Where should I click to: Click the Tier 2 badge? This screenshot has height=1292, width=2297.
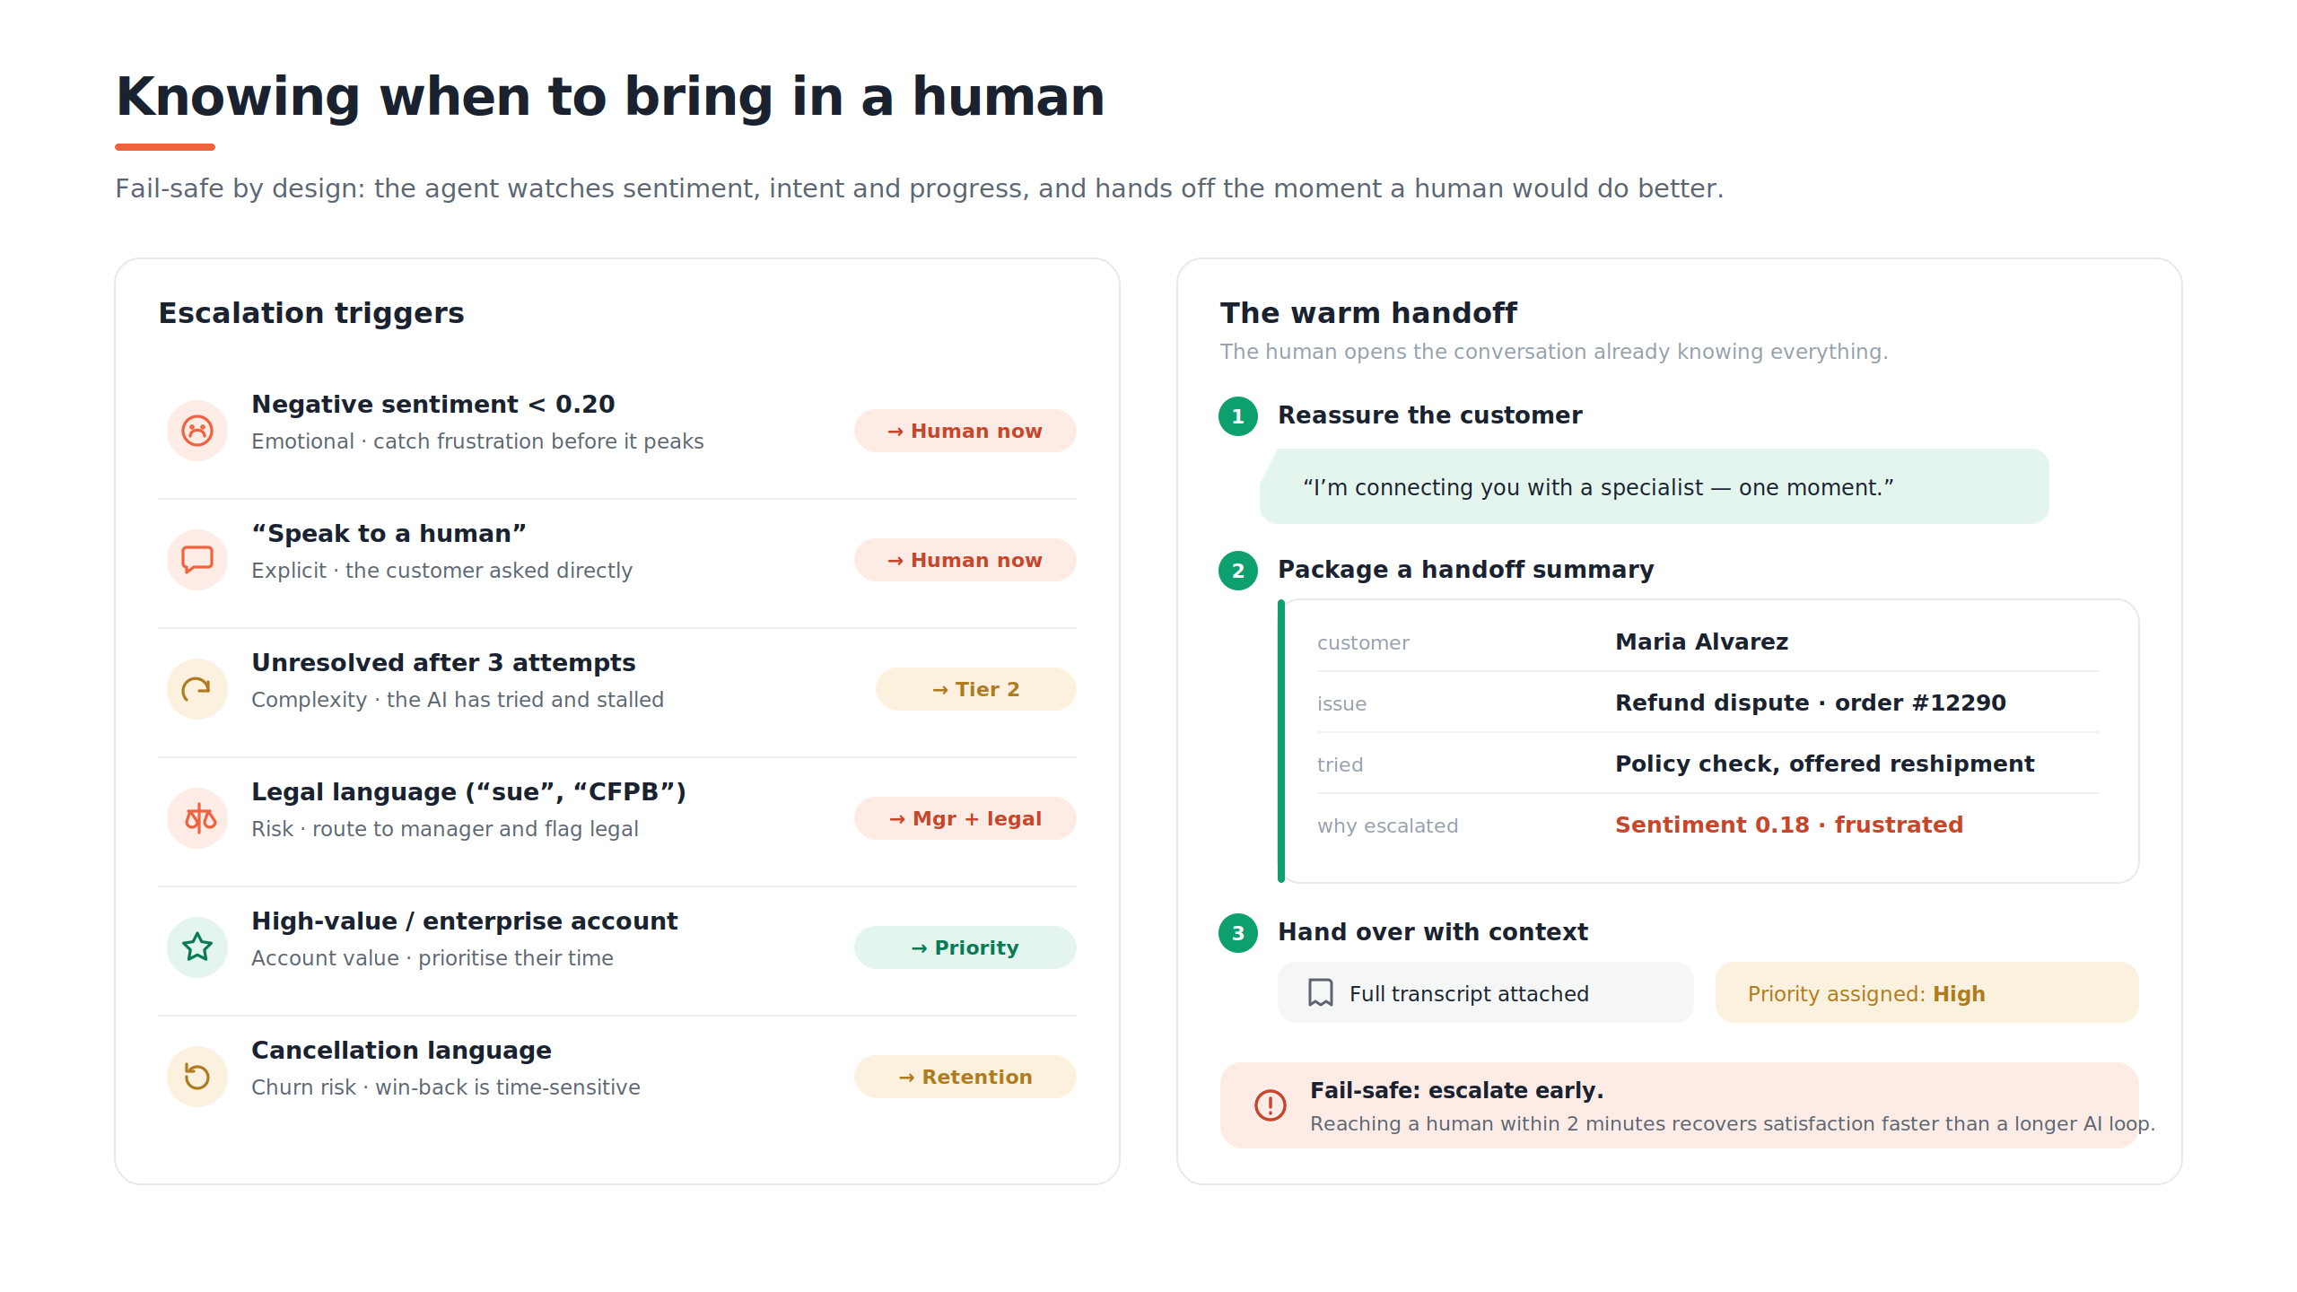[975, 689]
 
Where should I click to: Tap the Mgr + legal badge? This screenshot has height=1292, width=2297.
[965, 818]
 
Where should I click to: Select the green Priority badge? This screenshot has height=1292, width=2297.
[965, 947]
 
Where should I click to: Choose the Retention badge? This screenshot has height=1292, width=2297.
[965, 1077]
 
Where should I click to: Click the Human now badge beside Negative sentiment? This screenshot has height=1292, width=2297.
[965, 431]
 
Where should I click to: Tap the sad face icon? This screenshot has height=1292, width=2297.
[197, 431]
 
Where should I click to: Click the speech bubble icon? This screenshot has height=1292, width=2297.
[197, 560]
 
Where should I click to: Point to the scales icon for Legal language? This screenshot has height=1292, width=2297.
[199, 818]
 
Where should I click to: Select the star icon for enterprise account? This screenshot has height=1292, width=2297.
[197, 947]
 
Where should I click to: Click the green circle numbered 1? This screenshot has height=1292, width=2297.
[1238, 416]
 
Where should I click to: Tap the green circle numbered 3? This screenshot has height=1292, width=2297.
[1238, 933]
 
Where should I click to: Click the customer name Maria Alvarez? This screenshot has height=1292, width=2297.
[1701, 642]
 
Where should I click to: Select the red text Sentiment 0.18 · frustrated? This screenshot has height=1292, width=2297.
[1789, 825]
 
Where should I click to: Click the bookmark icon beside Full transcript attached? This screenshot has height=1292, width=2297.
[1321, 992]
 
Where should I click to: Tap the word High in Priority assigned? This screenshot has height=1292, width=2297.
[1959, 994]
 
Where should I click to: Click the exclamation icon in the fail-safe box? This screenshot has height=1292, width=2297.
[1271, 1105]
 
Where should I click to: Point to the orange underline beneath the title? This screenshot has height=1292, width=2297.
[165, 146]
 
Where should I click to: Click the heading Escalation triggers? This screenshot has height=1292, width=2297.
[311, 312]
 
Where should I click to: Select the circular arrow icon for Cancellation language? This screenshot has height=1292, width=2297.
[197, 1076]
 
